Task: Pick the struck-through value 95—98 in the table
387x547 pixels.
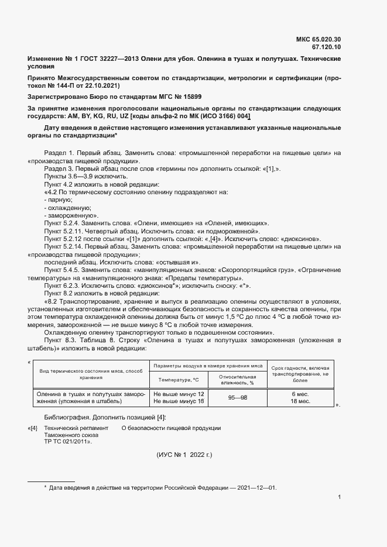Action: coord(237,398)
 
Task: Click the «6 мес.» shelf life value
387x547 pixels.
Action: coord(300,394)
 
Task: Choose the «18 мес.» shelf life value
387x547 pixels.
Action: coord(300,401)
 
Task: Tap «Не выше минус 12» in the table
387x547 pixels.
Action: coord(179,394)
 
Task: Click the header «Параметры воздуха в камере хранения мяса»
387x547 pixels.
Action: coord(208,365)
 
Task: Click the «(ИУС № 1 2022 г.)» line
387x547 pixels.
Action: coord(193,455)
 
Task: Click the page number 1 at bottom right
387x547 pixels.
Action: coord(340,497)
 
